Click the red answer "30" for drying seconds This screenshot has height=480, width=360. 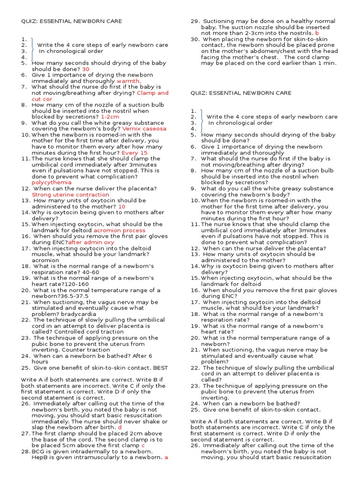pyautogui.click(x=85, y=69)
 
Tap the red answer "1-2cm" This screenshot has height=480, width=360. pyautogui.click(x=110, y=117)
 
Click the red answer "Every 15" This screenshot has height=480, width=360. pyautogui.click(x=134, y=153)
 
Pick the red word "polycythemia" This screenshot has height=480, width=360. pyautogui.click(x=52, y=182)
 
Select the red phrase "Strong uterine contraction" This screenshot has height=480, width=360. pyautogui.click(x=70, y=195)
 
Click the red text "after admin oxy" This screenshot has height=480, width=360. pyautogui.click(x=91, y=242)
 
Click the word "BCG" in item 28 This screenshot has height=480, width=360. pyautogui.click(x=38, y=451)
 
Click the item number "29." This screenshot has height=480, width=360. pyautogui.click(x=195, y=22)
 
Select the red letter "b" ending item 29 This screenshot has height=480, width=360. pyautogui.click(x=317, y=33)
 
